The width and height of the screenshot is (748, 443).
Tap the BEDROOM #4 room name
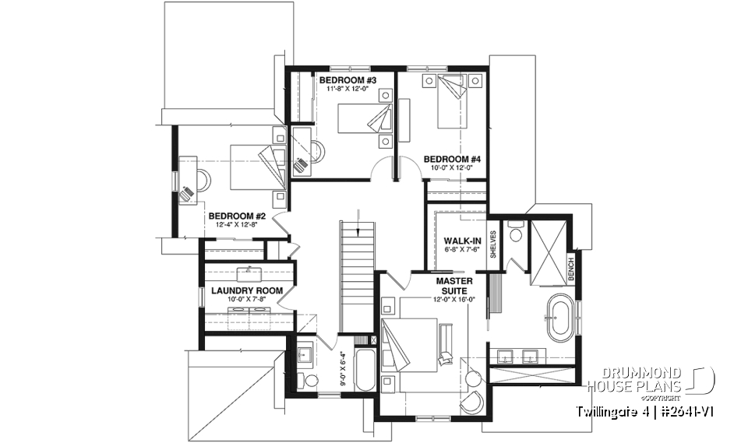pyautogui.click(x=453, y=159)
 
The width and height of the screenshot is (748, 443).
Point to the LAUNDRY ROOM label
pyautogui.click(x=246, y=290)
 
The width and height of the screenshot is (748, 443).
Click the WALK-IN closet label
pyautogui.click(x=460, y=241)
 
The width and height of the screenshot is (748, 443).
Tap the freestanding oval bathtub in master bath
pyautogui.click(x=558, y=318)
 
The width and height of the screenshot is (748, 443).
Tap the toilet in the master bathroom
pyautogui.click(x=515, y=234)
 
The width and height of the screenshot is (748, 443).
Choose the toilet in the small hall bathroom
pyautogui.click(x=310, y=380)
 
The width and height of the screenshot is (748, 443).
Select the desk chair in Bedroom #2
pyautogui.click(x=187, y=192)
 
